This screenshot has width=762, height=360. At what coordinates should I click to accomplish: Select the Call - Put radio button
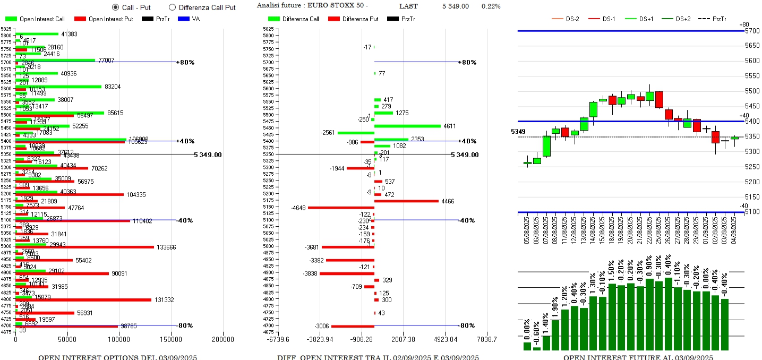point(115,7)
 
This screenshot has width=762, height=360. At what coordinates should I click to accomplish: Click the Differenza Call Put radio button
point(172,7)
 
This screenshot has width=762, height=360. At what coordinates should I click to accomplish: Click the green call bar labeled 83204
point(58,87)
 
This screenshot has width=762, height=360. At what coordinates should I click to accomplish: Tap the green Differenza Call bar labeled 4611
point(407,126)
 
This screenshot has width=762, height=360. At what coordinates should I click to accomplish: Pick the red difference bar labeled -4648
point(341,208)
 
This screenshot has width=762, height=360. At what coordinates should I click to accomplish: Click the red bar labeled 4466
point(406,201)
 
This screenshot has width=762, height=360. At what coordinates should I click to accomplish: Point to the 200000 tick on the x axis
point(222,339)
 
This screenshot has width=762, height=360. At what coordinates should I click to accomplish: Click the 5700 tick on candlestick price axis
point(752,31)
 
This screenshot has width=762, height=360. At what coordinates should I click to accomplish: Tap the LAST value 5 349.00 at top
point(455,6)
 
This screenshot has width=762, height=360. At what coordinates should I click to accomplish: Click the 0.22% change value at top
point(491,6)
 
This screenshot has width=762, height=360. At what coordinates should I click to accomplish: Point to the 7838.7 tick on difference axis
point(486,339)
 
